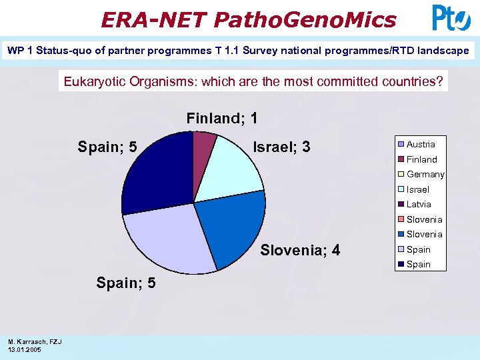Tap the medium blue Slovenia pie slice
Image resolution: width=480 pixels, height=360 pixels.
230,227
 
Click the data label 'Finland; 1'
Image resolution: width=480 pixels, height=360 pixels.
222,119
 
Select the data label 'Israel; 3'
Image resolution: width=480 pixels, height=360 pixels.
281,147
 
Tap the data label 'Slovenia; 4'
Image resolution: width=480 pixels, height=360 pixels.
300,251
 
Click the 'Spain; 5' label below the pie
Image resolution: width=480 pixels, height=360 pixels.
126,283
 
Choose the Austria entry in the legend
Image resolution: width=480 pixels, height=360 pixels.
420,145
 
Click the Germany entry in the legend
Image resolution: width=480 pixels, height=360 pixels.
425,175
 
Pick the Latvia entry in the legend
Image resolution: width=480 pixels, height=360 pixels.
418,205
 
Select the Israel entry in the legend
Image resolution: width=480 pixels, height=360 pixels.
417,189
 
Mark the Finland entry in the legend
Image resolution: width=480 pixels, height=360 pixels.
421,159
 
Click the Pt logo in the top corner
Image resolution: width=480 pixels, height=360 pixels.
451,18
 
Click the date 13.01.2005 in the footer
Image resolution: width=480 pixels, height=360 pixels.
25,349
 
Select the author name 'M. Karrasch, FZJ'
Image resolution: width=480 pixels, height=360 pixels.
35,341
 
